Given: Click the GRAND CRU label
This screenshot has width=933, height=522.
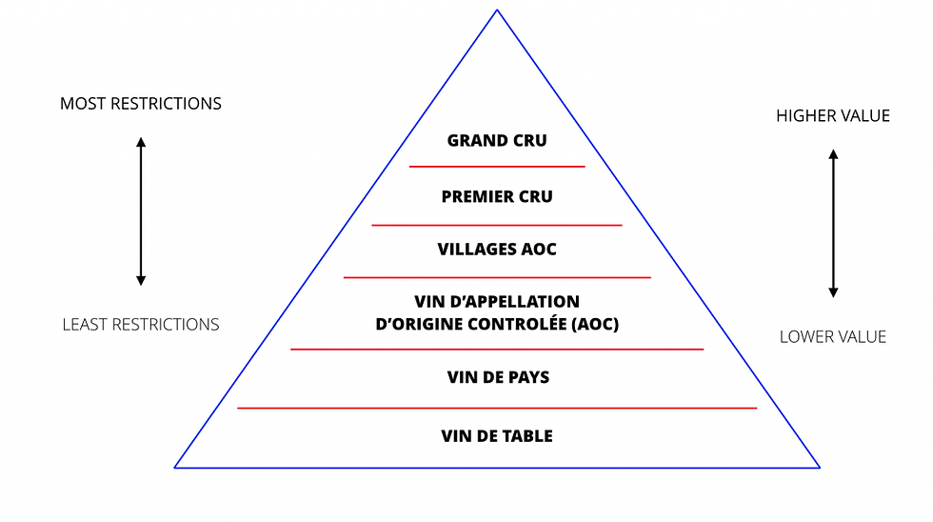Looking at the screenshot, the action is (x=497, y=140).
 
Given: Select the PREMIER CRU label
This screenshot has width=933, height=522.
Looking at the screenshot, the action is (x=497, y=196).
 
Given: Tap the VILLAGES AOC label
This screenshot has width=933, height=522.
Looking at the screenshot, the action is (x=497, y=249).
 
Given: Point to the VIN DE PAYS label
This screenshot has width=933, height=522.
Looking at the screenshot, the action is (x=498, y=377).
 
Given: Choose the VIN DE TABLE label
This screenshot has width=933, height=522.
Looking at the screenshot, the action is (x=497, y=436).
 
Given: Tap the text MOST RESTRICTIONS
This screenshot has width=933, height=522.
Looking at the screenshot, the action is (x=141, y=104).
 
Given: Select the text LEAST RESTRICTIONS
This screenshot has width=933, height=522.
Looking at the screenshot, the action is (x=141, y=325).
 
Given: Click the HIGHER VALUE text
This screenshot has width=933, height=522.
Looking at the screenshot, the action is (x=833, y=115).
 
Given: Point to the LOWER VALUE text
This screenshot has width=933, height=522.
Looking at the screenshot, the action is (x=833, y=337).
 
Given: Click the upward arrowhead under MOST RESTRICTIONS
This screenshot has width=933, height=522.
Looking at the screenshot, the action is (x=141, y=142).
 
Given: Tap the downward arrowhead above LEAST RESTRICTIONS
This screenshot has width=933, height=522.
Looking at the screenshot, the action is (x=141, y=281).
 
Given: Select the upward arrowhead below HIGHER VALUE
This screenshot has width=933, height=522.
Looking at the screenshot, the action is (x=834, y=153).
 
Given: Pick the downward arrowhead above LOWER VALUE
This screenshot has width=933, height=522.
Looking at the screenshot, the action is (x=834, y=292).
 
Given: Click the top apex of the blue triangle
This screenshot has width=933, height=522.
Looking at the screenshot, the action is (x=497, y=10).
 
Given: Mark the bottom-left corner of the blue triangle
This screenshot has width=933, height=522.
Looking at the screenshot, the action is (x=174, y=468).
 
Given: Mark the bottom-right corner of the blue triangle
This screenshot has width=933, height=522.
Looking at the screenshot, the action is (x=820, y=468).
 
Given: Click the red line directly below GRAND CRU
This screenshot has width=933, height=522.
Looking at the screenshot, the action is (x=497, y=167).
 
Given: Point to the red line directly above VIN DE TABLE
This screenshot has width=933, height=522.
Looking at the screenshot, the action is (x=497, y=409).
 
